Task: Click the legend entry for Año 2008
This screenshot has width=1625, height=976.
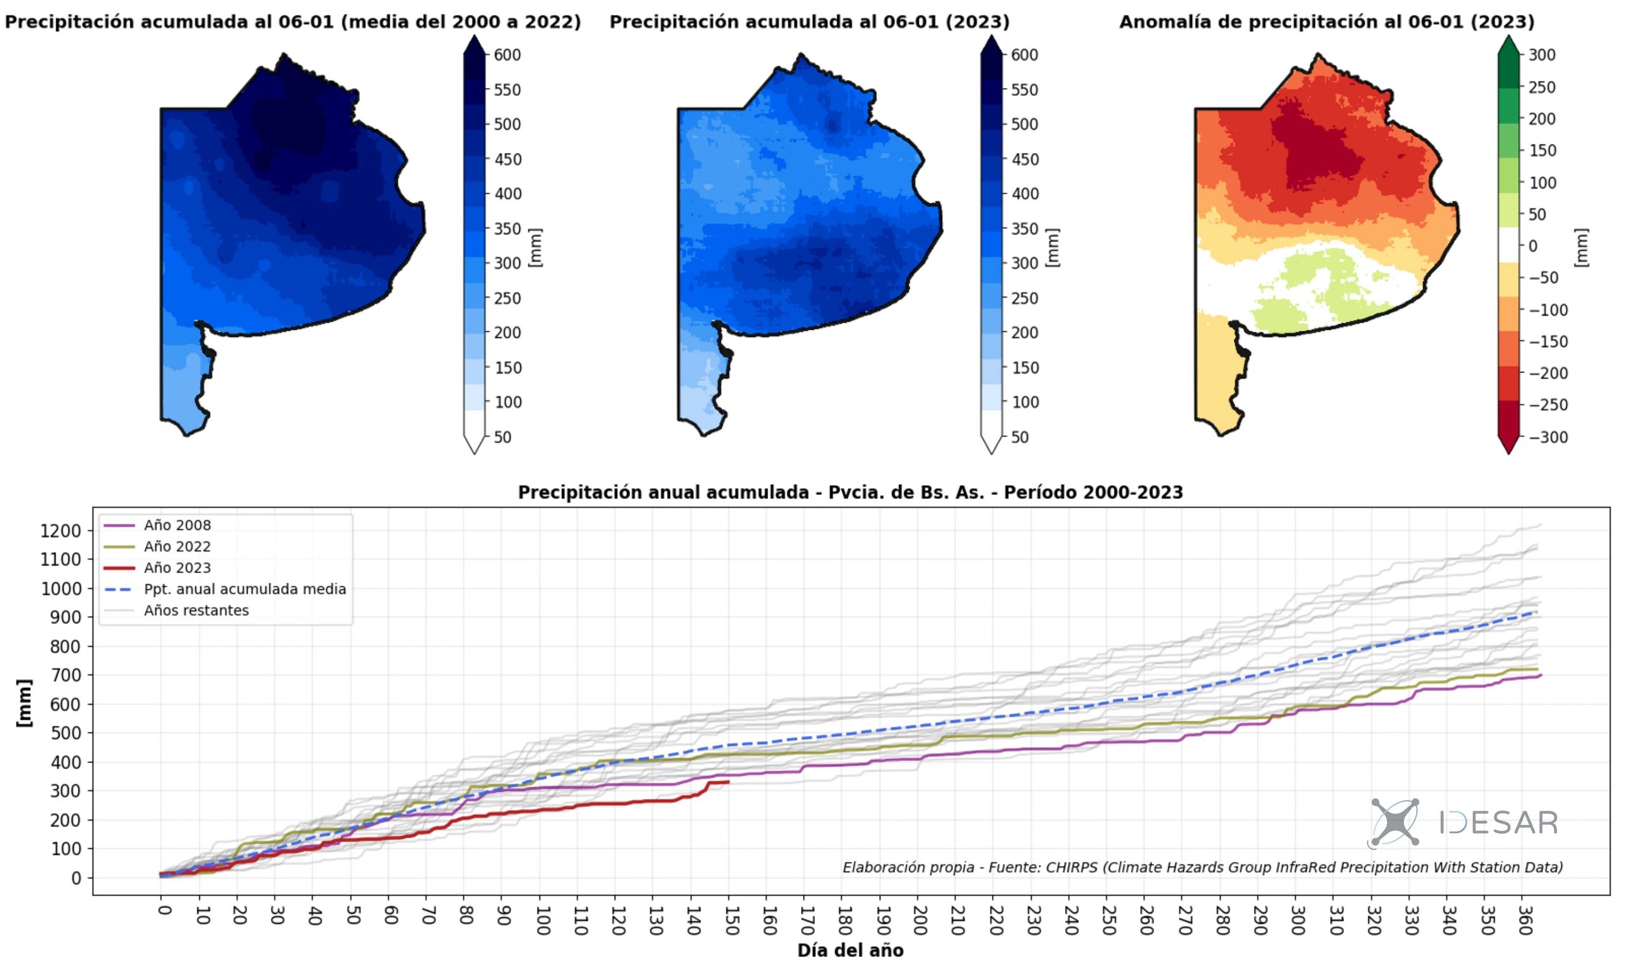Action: [x=177, y=525]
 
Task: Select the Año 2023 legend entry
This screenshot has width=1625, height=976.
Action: [x=177, y=567]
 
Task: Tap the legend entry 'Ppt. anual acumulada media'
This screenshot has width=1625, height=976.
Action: [x=245, y=590]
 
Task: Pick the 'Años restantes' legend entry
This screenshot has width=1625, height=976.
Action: [x=196, y=610]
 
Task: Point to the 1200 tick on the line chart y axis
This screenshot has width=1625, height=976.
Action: [x=60, y=531]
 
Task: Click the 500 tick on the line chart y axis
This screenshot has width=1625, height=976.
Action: [x=65, y=734]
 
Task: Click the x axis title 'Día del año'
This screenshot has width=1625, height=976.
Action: [x=850, y=951]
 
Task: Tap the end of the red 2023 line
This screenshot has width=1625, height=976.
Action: [x=728, y=782]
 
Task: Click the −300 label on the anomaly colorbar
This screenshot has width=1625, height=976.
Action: [x=1548, y=437]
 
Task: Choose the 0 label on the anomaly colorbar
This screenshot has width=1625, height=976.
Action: [x=1532, y=246]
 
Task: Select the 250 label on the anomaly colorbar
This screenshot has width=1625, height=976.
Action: [x=1541, y=87]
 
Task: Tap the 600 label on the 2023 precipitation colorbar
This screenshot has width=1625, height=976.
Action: [x=1025, y=55]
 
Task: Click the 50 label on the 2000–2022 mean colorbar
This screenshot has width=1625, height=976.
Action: [x=502, y=437]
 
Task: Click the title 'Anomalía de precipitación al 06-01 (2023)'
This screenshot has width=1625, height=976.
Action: [x=1326, y=22]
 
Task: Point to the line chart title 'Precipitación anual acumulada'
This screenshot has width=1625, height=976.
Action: [x=850, y=492]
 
